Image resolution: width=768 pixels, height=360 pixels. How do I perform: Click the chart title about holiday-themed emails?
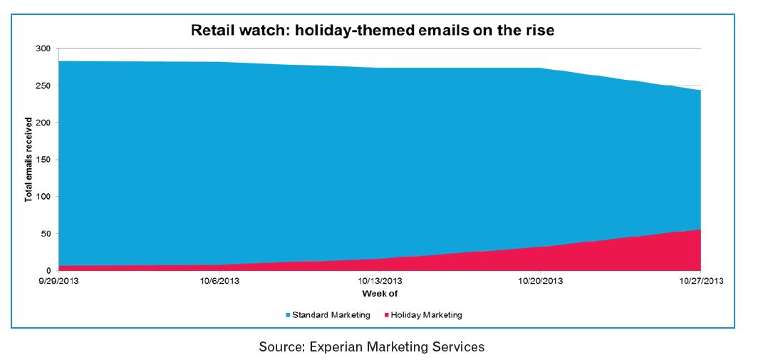(x=372, y=31)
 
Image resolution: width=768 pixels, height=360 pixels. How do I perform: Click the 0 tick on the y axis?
(x=48, y=271)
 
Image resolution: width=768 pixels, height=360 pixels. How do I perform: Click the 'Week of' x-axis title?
(x=379, y=294)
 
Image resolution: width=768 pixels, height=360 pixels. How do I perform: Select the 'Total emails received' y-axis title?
(x=28, y=160)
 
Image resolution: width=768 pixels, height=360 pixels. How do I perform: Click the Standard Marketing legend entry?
(x=328, y=315)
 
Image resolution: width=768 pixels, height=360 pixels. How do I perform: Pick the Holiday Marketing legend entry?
(x=422, y=315)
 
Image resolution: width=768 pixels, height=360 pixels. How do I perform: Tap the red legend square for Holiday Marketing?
(x=386, y=315)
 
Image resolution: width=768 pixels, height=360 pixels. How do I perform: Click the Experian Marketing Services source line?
(x=372, y=347)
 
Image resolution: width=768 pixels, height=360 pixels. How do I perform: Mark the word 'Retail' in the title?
(x=211, y=31)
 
